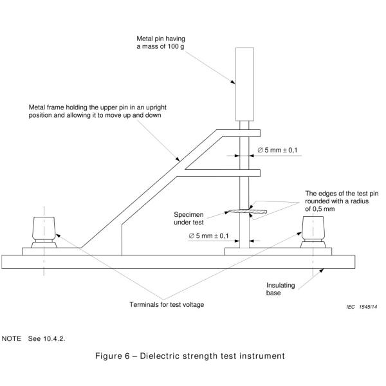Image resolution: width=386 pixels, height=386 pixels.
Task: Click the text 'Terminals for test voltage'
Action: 167,304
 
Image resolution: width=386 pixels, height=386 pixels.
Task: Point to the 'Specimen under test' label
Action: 190,218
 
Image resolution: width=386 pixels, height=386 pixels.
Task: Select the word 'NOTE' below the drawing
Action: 12,338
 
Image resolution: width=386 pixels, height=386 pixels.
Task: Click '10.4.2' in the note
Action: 56,338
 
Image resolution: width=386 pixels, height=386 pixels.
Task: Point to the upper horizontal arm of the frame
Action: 238,133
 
